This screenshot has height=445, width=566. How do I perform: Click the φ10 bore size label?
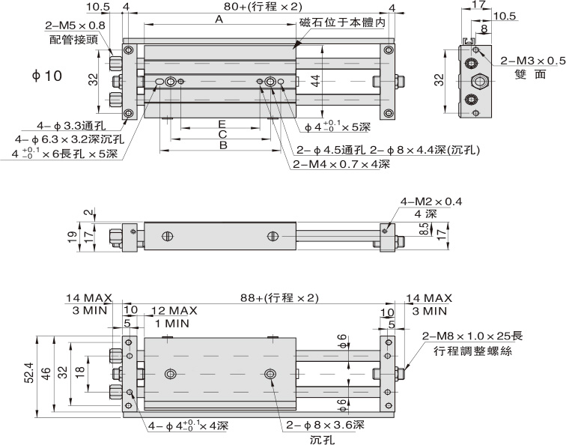pyautogui.click(x=46, y=76)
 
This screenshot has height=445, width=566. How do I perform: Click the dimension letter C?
pyautogui.click(x=222, y=134)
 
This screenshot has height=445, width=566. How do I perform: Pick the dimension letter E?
pyautogui.click(x=222, y=122)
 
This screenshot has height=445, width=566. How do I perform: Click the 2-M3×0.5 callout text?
pyautogui.click(x=532, y=61)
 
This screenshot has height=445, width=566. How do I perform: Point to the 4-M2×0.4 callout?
pyautogui.click(x=431, y=201)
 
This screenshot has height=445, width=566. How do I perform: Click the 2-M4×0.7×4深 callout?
pyautogui.click(x=341, y=164)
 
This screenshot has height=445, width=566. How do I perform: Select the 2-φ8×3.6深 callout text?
pyautogui.click(x=324, y=425)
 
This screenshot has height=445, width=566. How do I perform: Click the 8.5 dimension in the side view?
pyautogui.click(x=423, y=227)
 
